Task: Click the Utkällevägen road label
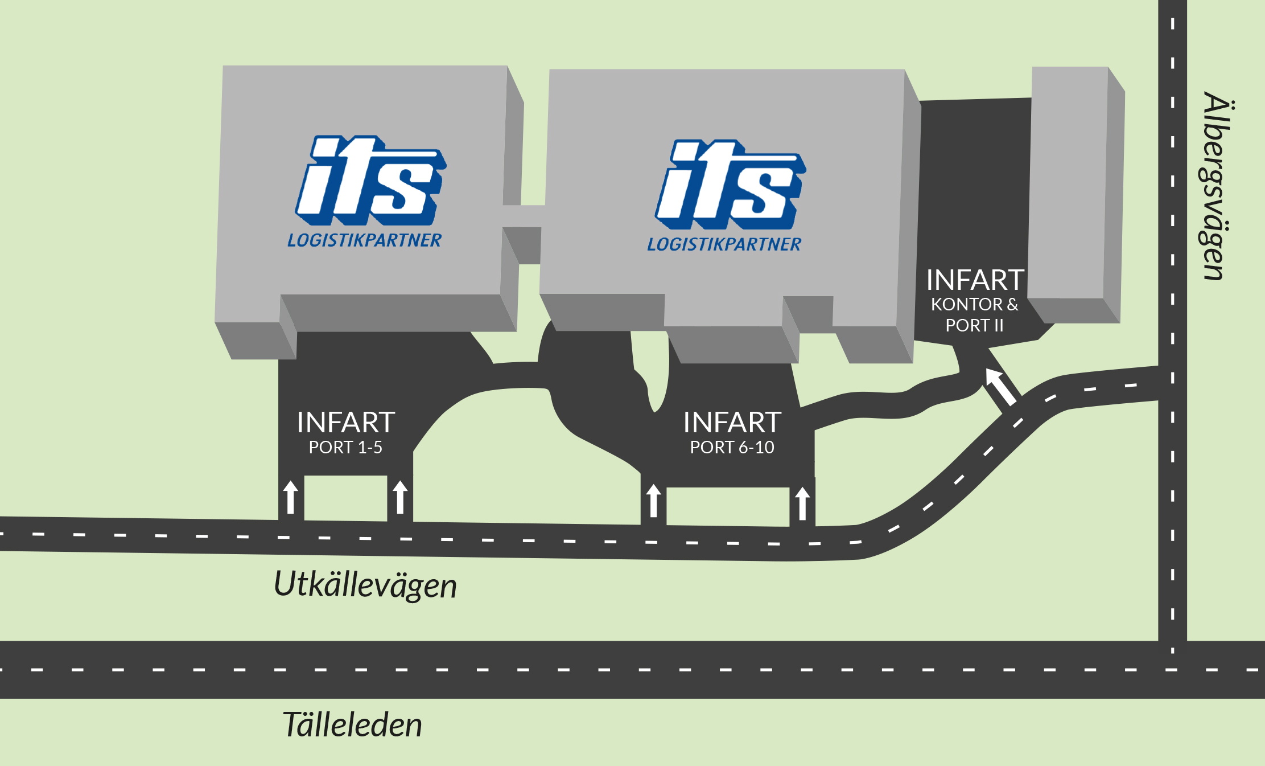365,585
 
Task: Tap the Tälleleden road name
352,725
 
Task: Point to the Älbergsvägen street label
1215,186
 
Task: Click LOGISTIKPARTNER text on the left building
364,240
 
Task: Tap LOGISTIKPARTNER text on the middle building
724,244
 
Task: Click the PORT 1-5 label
345,448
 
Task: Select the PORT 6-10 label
732,448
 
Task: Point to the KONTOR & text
975,305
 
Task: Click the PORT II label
974,325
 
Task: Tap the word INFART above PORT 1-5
346,423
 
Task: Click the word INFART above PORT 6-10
732,423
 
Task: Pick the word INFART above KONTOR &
975,280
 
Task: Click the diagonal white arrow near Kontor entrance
1001,387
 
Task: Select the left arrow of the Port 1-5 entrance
291,497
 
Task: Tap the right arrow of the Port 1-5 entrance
400,497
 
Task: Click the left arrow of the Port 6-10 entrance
654,501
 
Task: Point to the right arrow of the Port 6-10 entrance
802,503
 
